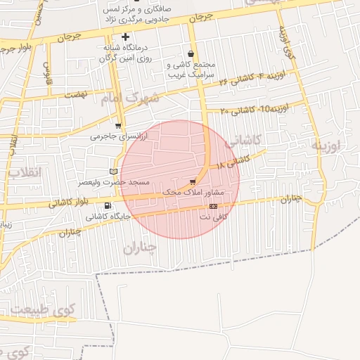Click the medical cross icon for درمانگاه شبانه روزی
point(125,37)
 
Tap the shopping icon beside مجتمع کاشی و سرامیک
point(191,53)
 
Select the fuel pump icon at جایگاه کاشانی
point(107,206)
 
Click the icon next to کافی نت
point(214,206)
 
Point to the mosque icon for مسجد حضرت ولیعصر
point(114,171)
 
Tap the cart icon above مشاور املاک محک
point(193,181)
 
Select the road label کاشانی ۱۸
point(233,162)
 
